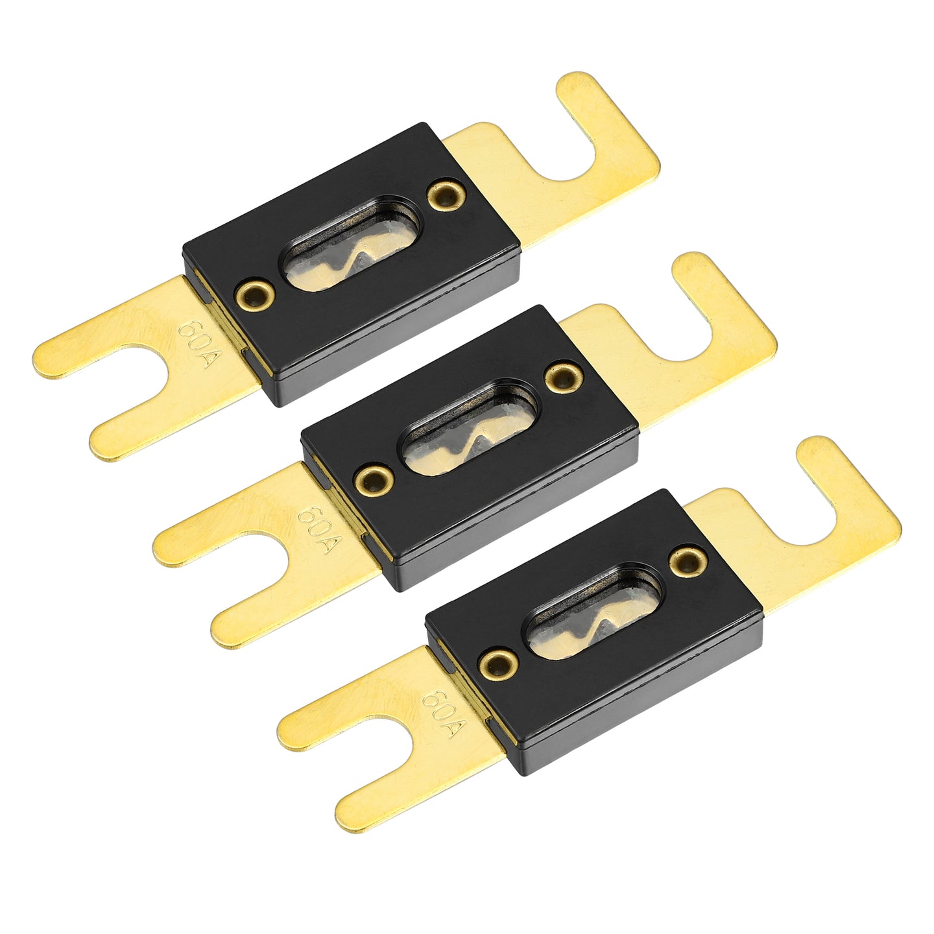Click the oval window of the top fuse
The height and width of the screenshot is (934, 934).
350,243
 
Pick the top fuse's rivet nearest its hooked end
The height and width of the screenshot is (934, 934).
446,194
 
